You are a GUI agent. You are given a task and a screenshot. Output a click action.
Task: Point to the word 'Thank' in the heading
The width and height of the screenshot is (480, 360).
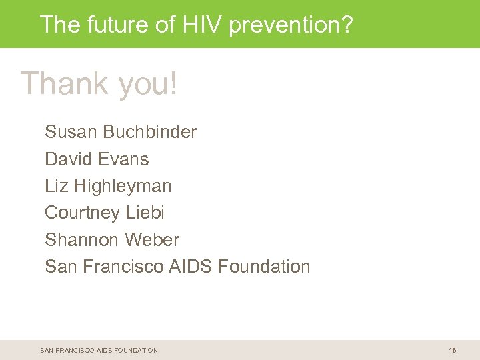point(65,84)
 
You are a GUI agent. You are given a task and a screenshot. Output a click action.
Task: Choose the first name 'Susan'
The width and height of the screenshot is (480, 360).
point(71,132)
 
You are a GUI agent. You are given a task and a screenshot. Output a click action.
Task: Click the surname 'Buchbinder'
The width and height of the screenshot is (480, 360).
point(150,132)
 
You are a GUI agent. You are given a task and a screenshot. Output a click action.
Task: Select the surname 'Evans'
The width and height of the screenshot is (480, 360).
point(123,159)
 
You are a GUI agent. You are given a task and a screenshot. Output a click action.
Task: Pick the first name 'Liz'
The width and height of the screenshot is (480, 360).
point(57,186)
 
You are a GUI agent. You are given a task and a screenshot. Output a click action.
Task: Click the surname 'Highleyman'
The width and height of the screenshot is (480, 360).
point(123,187)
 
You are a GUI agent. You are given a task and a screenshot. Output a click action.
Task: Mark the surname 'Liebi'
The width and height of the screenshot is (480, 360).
point(145,213)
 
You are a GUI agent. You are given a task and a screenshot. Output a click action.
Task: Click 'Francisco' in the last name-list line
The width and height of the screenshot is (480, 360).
point(123,267)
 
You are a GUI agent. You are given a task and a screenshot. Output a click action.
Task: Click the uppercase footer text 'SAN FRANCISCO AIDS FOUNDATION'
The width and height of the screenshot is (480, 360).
point(99,350)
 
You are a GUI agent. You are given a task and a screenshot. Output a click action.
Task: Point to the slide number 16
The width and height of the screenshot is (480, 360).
point(453,350)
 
